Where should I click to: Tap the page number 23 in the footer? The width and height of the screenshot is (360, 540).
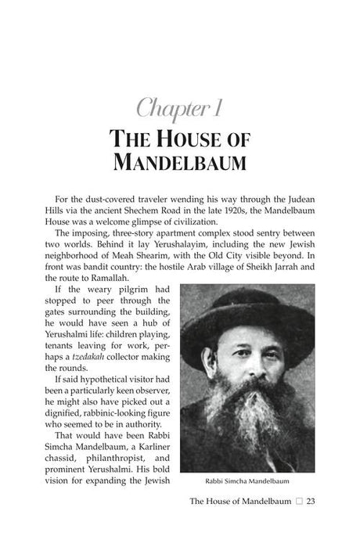click(x=311, y=502)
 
